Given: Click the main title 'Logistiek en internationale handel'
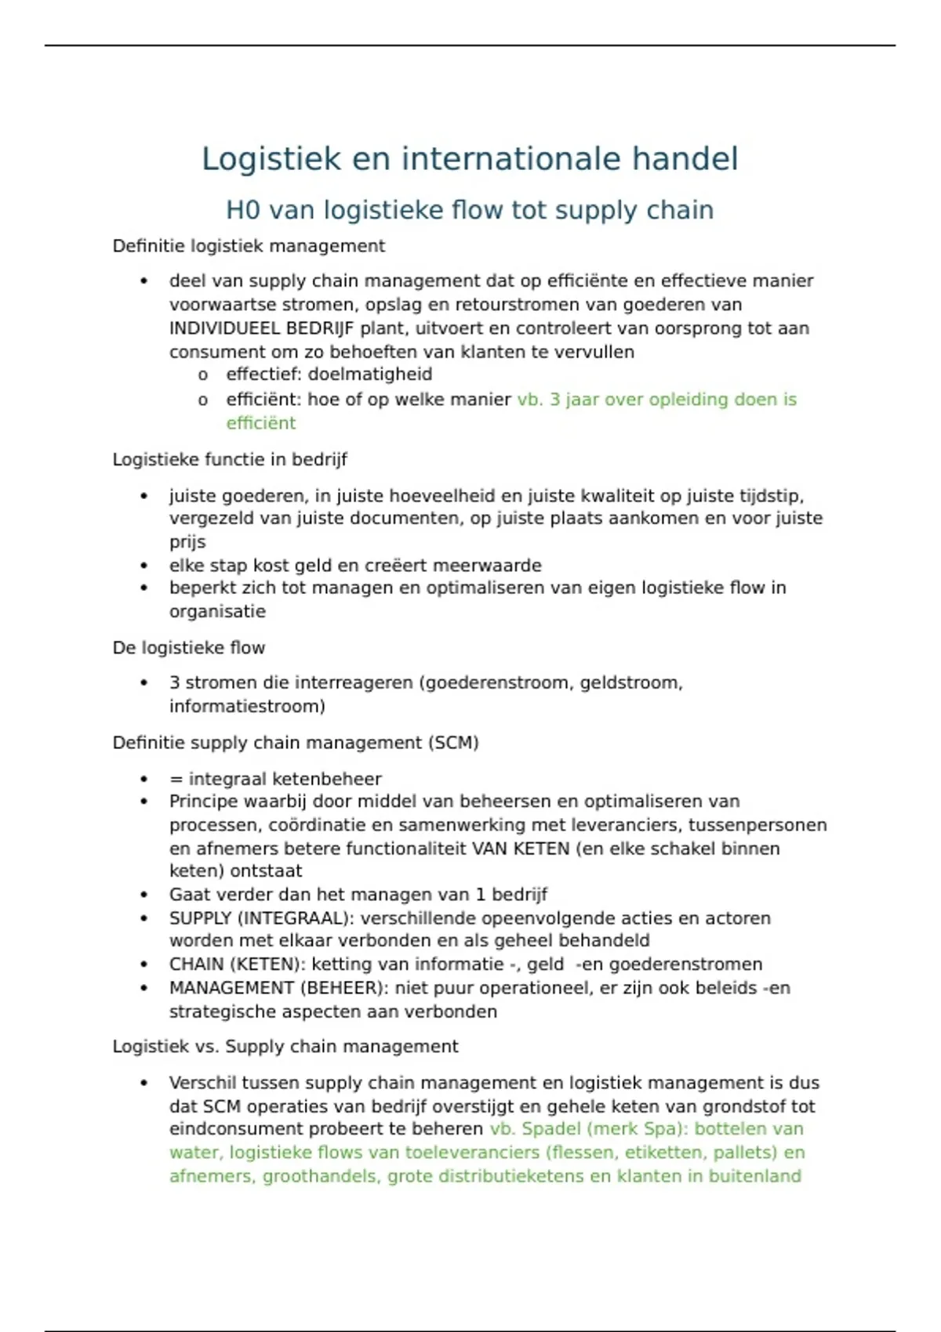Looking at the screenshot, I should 470,159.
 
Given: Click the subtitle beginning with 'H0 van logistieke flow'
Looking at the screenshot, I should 470,210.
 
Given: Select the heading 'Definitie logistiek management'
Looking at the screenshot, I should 249,246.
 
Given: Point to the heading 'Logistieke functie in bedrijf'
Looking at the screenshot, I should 230,459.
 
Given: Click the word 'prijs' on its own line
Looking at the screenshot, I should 187,541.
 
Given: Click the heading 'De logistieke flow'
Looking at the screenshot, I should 189,648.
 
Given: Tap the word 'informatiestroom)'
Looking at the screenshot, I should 247,706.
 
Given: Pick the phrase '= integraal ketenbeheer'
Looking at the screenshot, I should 275,779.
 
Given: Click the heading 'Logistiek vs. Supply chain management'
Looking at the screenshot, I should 285,1047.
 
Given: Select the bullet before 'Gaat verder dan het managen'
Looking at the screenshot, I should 144,895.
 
